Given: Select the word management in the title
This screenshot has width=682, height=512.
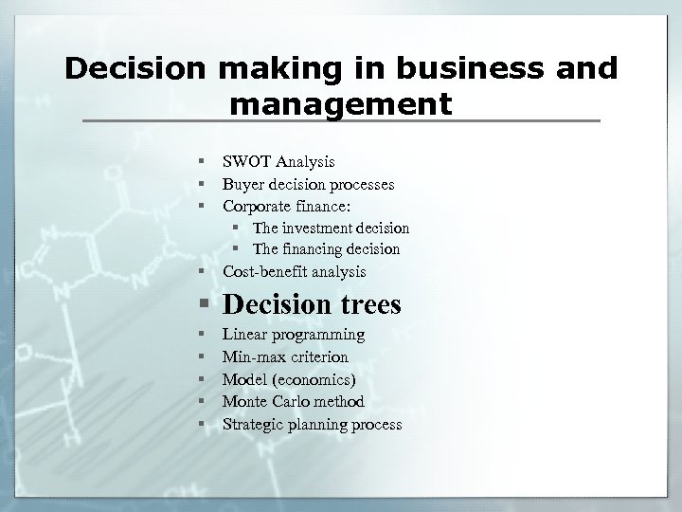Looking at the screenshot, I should coord(341,101).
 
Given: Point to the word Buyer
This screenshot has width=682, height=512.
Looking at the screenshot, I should coord(243,184).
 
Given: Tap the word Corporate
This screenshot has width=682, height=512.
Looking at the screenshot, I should coord(257,205).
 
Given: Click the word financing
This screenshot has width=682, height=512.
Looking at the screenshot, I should coord(318,249).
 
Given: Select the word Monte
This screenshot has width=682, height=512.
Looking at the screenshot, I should coord(243,402).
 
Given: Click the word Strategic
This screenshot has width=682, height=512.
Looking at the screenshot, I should coord(253,425).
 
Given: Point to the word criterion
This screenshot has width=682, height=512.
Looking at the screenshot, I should coord(316,357).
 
